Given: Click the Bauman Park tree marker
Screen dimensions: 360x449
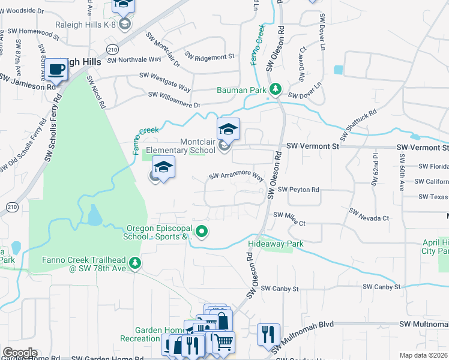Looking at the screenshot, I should click(275, 89).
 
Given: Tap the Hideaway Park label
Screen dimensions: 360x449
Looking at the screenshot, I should click(276, 244).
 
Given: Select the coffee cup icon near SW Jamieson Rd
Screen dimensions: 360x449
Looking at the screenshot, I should click(56, 70).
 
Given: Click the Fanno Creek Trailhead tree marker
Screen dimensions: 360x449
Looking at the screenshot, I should click(136, 262).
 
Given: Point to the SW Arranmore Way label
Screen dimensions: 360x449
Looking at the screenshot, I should click(237, 177).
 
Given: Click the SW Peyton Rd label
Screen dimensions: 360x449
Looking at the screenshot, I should click(298, 190).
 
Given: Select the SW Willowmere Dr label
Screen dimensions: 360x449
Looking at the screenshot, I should click(174, 99).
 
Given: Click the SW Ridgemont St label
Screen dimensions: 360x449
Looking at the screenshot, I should click(209, 56).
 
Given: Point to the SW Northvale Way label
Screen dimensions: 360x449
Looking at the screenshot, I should click(134, 60).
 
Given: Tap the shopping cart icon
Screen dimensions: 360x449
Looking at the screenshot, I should click(223, 342).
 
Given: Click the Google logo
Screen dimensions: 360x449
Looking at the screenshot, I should click(20, 353).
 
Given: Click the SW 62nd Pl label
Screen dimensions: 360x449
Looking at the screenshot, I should click(375, 164).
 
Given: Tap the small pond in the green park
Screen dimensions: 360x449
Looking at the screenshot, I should click(94, 214).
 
